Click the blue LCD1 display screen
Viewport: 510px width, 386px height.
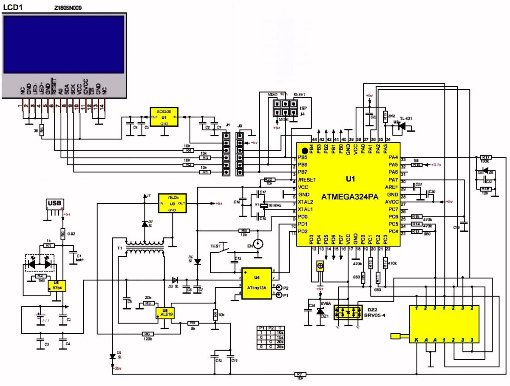pos(64,45)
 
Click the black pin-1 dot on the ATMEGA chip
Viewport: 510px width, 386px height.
pos(305,150)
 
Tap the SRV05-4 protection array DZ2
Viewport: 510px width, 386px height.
pos(346,312)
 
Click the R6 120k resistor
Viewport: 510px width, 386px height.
pos(147,334)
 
